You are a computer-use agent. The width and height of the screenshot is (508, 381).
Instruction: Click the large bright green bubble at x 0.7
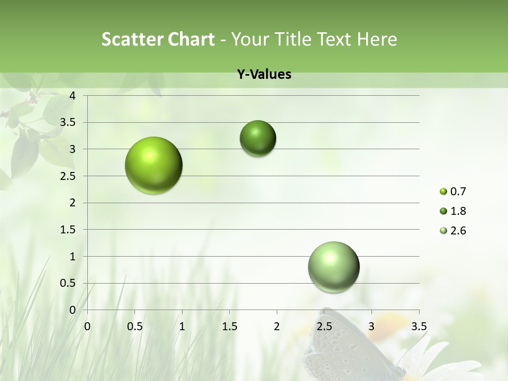tap(154, 165)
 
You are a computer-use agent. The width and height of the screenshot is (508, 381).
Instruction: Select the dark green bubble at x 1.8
tap(258, 138)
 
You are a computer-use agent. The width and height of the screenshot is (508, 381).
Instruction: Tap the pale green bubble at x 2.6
tap(333, 267)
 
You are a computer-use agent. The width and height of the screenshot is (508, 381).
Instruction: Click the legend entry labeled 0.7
tap(453, 192)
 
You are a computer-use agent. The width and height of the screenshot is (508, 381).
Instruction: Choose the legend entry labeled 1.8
tap(453, 211)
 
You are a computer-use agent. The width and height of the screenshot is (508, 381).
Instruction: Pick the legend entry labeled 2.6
tap(453, 231)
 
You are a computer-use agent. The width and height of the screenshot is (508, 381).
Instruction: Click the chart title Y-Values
tap(264, 74)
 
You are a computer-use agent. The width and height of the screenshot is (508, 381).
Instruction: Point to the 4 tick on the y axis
tap(72, 96)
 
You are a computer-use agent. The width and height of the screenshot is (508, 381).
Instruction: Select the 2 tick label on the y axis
tap(72, 203)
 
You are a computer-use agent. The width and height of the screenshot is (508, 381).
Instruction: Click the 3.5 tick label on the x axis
tap(419, 326)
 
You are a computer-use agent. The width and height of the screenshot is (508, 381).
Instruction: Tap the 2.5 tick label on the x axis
tap(324, 326)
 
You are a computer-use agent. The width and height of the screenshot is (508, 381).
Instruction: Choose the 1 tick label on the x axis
tap(182, 326)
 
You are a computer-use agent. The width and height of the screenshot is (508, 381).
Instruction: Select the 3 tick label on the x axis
tap(371, 326)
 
